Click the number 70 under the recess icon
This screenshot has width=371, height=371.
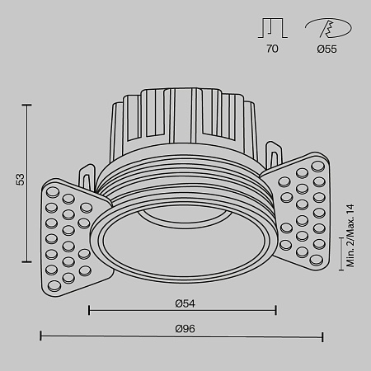tap(273, 49)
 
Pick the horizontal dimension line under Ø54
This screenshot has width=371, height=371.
tap(182, 311)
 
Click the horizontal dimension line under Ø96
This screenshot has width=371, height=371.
tap(182, 336)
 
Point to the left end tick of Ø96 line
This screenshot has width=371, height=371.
tap(41, 336)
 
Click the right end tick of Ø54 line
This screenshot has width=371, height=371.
tap(276, 311)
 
